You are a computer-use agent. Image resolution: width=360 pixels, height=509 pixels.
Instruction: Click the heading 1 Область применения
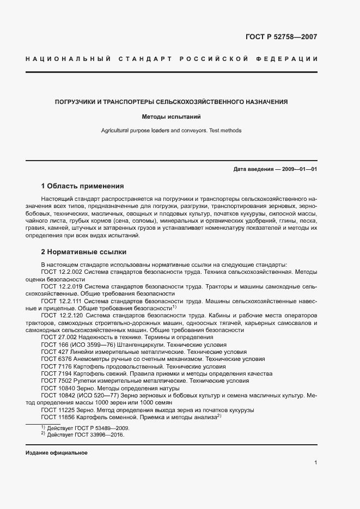pyautogui.click(x=82, y=186)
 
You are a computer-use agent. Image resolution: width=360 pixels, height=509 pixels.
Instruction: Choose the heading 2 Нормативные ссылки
pyautogui.click(x=84, y=253)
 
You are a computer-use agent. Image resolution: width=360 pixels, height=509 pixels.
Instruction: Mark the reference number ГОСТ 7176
pyautogui.click(x=53, y=367)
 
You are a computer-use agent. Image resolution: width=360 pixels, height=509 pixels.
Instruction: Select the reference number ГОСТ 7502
pyautogui.click(x=53, y=382)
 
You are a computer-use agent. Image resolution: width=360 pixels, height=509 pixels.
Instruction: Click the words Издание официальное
pyautogui.click(x=56, y=453)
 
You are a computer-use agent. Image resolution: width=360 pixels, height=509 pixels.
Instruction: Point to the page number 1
pyautogui.click(x=316, y=463)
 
